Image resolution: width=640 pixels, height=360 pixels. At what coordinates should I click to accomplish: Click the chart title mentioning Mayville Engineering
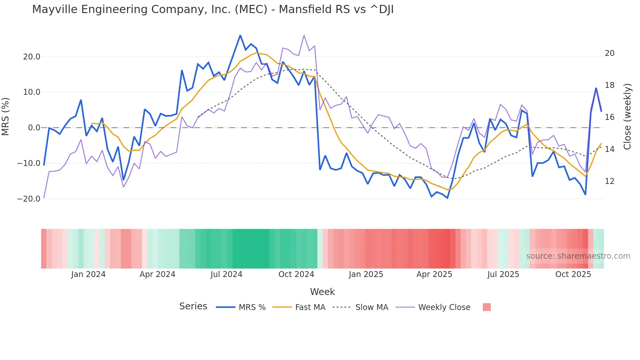213,9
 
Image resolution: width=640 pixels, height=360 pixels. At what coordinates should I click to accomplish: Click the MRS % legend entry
252,307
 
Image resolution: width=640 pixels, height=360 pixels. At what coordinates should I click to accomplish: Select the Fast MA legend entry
310,307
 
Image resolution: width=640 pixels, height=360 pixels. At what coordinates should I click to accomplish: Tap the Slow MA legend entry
372,307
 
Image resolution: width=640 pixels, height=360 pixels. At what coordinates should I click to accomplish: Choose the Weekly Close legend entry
444,307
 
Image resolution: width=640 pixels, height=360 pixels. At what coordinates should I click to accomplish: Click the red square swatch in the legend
487,307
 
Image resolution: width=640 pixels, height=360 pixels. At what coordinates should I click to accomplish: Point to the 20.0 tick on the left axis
32,57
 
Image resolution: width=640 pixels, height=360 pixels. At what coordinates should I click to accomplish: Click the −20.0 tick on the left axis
29,199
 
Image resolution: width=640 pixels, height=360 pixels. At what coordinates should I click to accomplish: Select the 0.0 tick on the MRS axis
34,128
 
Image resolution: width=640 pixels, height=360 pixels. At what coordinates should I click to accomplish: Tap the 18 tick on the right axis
610,85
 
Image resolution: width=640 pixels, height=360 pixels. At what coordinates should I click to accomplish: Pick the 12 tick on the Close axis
610,181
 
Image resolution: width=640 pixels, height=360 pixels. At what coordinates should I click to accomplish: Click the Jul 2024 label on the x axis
226,274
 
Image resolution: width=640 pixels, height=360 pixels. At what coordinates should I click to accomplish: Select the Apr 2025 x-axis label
434,274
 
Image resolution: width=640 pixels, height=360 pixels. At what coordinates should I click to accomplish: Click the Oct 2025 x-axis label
573,274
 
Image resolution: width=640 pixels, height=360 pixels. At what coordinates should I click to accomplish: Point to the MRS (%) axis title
6,117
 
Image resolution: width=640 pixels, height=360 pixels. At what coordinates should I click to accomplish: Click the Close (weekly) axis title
627,117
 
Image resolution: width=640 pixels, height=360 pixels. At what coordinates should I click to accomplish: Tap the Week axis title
322,292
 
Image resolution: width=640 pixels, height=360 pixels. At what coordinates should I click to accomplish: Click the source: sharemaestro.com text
578,256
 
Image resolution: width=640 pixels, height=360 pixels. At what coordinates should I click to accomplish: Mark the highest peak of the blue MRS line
240,35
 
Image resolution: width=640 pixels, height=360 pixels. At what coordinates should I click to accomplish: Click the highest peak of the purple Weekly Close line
304,35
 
